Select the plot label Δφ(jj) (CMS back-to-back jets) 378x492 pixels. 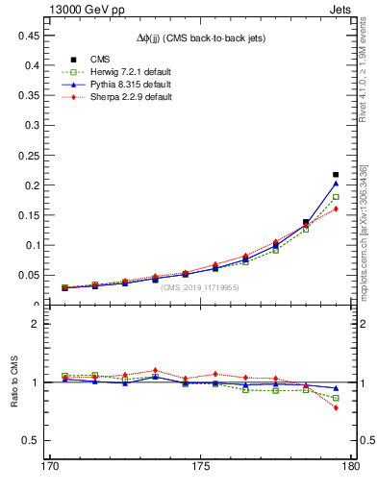(201, 37)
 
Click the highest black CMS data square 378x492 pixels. (336, 175)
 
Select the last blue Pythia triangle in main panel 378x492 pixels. (336, 183)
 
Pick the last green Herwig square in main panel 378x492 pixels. (336, 197)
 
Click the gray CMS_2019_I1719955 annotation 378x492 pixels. (201, 287)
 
